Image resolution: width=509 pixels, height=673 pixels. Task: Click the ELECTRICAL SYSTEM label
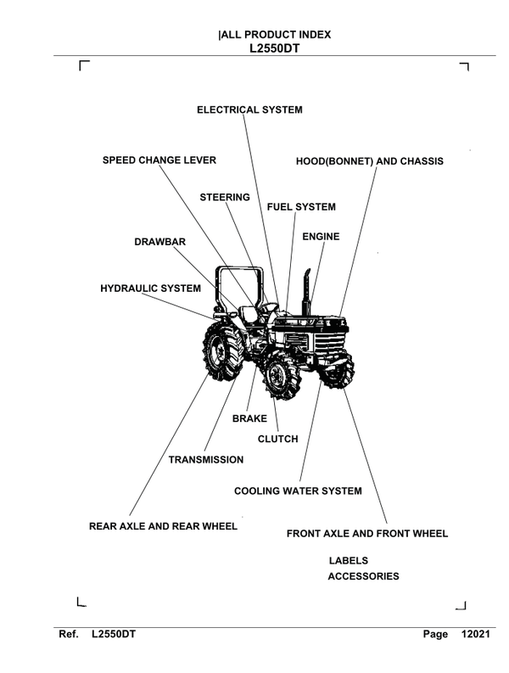point(249,110)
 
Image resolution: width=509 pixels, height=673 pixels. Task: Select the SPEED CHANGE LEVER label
point(159,160)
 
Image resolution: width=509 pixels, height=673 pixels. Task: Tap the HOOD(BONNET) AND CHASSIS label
point(369,160)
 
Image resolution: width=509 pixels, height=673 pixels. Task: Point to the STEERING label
point(225,198)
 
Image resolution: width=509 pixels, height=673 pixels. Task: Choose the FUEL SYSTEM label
point(301,207)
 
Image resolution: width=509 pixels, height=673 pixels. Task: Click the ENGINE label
point(321,237)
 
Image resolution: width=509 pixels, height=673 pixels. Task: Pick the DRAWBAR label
point(159,242)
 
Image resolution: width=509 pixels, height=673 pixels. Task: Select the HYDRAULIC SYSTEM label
point(150,289)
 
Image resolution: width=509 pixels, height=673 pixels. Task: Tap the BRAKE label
point(249,419)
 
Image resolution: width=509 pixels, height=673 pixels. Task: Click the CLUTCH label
point(278,439)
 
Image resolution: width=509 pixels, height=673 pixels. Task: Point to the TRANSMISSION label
point(206,460)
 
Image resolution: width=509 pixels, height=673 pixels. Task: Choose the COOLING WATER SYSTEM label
point(298,491)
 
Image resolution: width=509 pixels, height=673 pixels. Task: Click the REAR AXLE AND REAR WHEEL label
point(163,526)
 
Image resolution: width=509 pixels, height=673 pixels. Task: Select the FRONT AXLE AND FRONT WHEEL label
point(367,534)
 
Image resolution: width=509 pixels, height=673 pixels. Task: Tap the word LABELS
point(348,561)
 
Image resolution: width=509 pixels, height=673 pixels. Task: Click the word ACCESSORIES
point(363,577)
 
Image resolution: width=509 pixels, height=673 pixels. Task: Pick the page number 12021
point(476,635)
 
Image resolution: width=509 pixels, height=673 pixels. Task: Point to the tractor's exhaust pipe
point(311,289)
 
